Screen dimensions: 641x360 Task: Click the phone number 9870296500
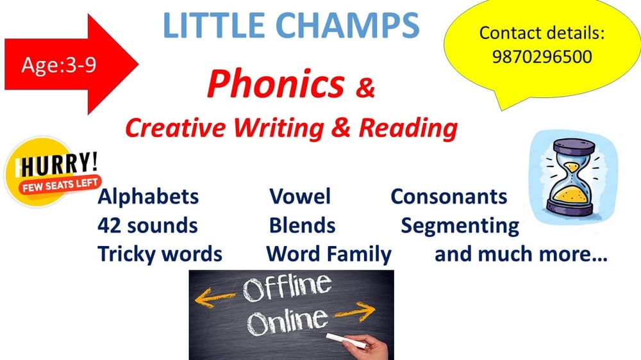542,56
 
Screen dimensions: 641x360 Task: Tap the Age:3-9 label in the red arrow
59,65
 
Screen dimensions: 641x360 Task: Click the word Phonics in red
276,85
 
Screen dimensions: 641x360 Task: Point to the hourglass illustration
572,177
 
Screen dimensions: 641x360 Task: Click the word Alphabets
149,197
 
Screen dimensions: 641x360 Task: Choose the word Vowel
300,197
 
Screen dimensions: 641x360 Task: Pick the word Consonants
449,197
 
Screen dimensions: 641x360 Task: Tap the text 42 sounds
147,225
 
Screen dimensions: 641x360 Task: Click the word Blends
302,225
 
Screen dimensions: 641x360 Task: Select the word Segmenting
460,226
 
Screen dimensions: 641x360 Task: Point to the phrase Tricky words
160,254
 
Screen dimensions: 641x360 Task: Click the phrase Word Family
329,254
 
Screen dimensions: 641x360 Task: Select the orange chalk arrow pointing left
215,297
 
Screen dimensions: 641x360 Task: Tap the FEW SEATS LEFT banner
60,185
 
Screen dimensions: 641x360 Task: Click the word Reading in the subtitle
408,128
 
